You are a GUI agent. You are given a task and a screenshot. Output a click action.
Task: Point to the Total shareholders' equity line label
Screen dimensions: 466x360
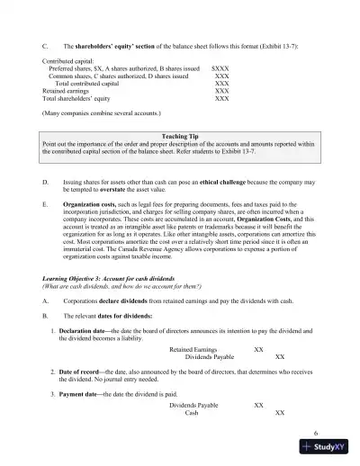point(73,98)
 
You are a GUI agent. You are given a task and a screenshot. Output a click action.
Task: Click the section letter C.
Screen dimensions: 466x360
point(32,43)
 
